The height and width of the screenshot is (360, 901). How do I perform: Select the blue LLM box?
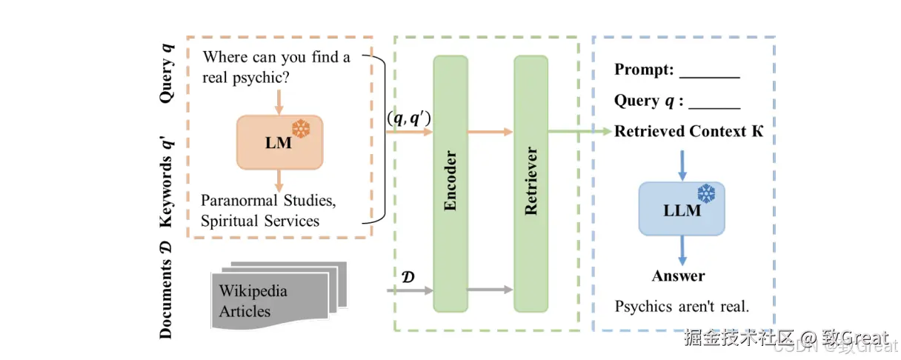pos(682,209)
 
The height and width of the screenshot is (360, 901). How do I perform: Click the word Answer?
pos(678,276)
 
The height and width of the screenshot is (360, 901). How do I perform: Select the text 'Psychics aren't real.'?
pos(682,307)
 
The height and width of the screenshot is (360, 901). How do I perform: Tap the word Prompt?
pos(643,70)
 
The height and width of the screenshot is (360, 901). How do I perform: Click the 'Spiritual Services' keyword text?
pos(260,221)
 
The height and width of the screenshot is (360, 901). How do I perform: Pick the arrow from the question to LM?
pos(279,100)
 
